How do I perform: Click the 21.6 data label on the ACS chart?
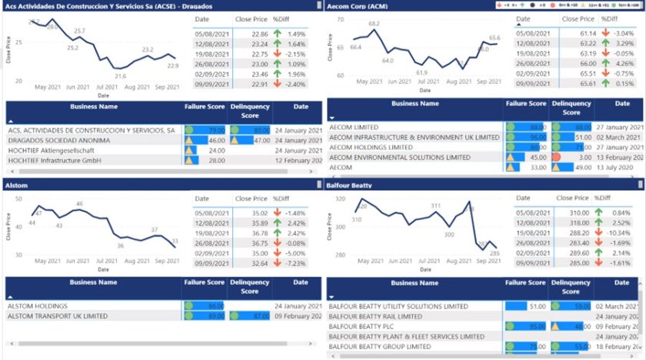[x=121, y=76]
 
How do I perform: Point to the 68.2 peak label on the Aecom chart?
[x=374, y=24]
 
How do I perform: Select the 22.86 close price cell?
[x=259, y=35]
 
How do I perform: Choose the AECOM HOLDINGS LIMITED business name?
[x=371, y=147]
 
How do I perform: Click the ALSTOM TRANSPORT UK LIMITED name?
[x=57, y=316]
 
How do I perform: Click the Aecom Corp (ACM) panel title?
[x=358, y=5]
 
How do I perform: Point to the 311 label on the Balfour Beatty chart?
[x=435, y=206]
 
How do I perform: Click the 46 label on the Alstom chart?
[x=78, y=204]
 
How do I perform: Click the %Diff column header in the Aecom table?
[x=608, y=18]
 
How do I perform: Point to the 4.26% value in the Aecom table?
[x=622, y=64]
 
